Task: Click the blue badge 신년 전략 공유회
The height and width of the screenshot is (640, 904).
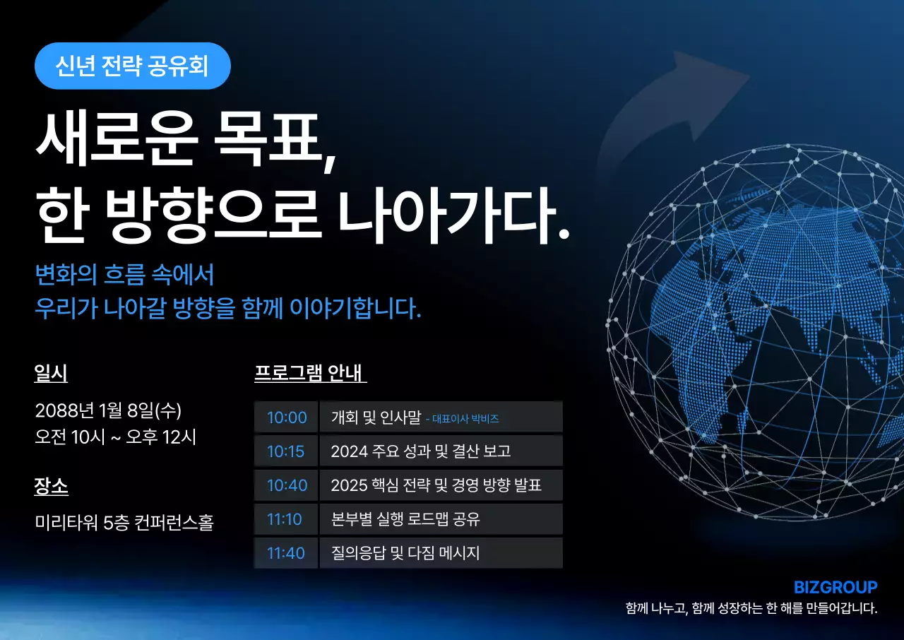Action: point(132,66)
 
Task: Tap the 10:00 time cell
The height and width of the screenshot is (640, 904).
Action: point(287,417)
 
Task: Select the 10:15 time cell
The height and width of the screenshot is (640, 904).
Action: point(286,451)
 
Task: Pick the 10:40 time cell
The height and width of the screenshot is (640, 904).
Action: point(287,485)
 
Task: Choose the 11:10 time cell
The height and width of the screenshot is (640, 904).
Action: point(285,519)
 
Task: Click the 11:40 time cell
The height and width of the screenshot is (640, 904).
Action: point(285,553)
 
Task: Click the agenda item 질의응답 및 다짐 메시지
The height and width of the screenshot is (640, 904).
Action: point(405,553)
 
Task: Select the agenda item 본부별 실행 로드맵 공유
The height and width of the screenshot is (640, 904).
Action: point(405,519)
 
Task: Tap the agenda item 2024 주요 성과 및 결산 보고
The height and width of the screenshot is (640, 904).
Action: point(420,451)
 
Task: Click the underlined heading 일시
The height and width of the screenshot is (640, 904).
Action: point(51,373)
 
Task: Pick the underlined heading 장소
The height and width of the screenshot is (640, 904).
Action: point(51,486)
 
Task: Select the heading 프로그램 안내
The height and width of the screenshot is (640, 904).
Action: point(309,373)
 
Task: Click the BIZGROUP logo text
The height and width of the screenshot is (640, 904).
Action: point(835,587)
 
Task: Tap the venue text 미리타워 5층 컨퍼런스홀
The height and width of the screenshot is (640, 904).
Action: point(124,523)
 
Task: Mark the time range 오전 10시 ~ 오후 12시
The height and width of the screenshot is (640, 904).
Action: point(115,437)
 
